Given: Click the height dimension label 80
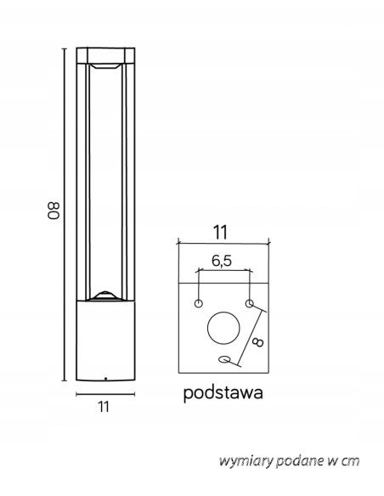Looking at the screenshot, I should (x=52, y=211).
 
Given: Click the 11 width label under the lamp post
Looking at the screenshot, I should (x=104, y=407).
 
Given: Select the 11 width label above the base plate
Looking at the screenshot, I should (x=221, y=230).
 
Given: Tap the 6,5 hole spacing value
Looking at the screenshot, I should (x=223, y=261).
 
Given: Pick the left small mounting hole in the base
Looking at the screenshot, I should (x=198, y=303).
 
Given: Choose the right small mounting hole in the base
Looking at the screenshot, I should (x=249, y=303).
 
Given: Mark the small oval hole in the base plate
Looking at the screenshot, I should (x=224, y=360).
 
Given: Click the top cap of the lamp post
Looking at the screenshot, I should (x=106, y=55).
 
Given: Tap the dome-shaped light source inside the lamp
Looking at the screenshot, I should (x=106, y=295).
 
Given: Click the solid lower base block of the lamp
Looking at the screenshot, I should (x=106, y=340).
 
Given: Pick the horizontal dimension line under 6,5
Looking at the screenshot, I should (x=223, y=272).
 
